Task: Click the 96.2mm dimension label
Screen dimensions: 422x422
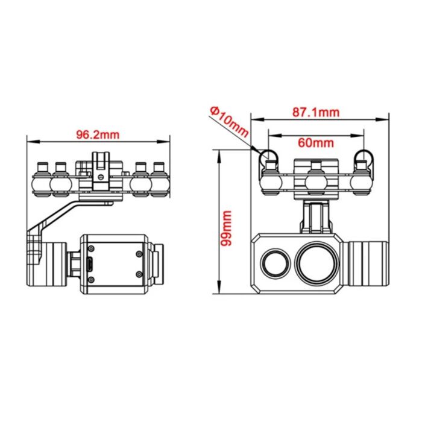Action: coord(97,134)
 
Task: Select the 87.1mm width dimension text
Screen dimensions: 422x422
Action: coord(316,112)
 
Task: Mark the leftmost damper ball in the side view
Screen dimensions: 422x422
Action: coord(43,181)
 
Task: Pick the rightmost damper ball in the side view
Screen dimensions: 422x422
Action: coord(159,181)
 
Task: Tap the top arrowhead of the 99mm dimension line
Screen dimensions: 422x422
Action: coord(219,153)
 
